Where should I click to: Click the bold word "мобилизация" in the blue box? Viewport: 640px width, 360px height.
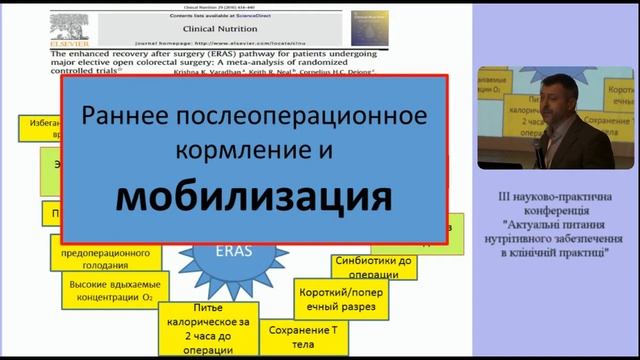pos(253,198)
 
